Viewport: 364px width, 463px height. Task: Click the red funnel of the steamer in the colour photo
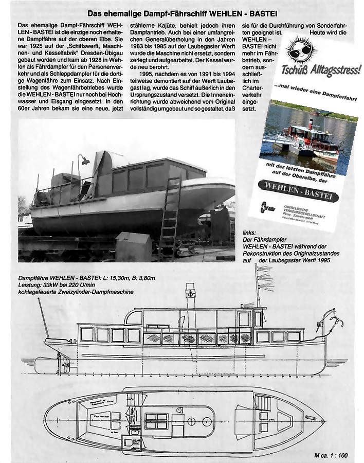point(310,124)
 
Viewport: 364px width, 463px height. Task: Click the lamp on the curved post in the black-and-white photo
point(85,161)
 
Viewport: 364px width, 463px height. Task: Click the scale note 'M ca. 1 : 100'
point(331,455)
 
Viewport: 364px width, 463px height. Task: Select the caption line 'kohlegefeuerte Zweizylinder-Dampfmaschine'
point(76,292)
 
